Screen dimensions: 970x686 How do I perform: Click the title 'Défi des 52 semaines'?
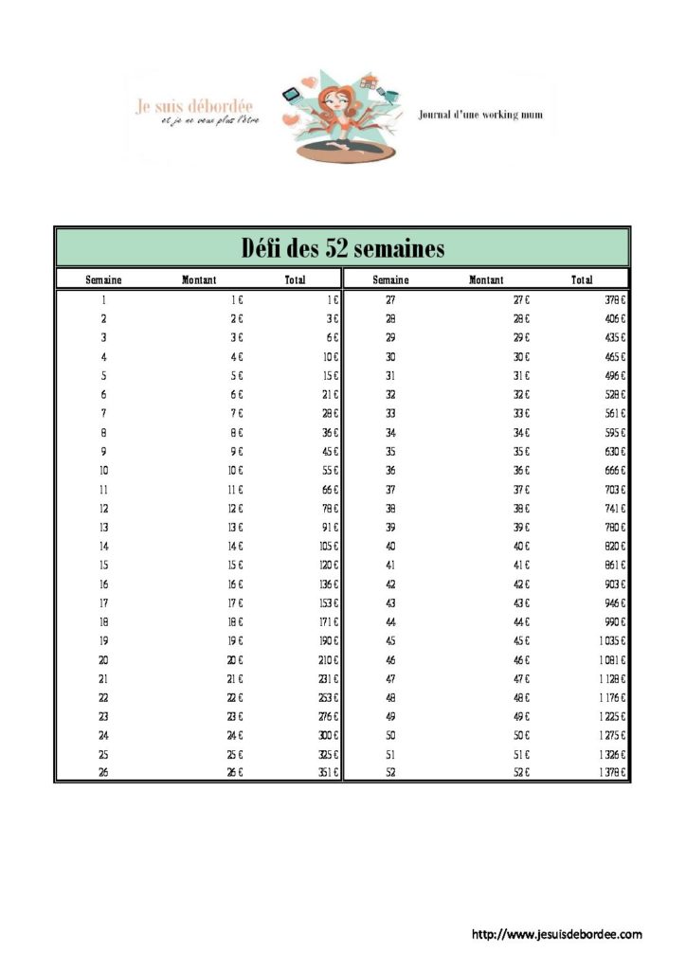[342, 248]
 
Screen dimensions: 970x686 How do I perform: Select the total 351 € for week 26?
[329, 774]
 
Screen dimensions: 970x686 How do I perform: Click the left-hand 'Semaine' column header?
[103, 280]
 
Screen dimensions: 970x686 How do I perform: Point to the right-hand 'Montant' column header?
[486, 280]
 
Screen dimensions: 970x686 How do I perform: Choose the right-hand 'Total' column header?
[582, 280]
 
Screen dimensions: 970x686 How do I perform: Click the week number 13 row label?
[103, 527]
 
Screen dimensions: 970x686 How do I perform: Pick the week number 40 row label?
[390, 546]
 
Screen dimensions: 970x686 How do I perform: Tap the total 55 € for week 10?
[330, 470]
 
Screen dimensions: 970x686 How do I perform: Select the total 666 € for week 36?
[616, 470]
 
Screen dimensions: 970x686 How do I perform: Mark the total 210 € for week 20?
[329, 659]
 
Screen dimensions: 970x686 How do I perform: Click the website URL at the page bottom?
[556, 935]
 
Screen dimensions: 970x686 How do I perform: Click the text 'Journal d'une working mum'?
[480, 115]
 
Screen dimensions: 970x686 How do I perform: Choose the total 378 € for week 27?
[616, 299]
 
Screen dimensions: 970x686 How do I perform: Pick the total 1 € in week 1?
[333, 299]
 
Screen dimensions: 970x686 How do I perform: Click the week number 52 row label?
[390, 774]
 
